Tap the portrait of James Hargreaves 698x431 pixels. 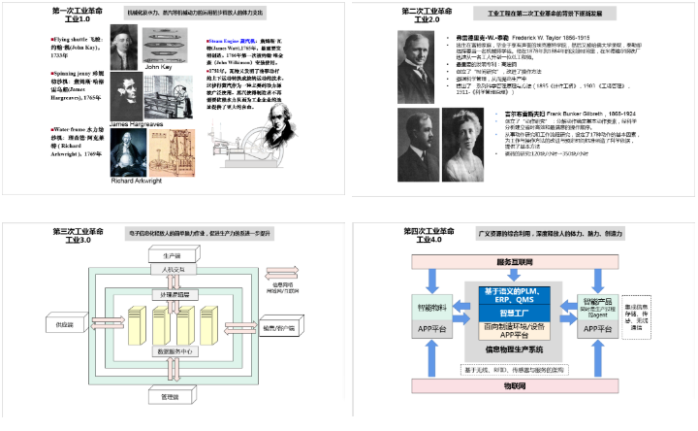point(125,95)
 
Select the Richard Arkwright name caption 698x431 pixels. point(137,181)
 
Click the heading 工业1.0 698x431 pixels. point(77,19)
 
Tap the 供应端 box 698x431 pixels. point(65,322)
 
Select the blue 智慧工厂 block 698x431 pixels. point(514,314)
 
